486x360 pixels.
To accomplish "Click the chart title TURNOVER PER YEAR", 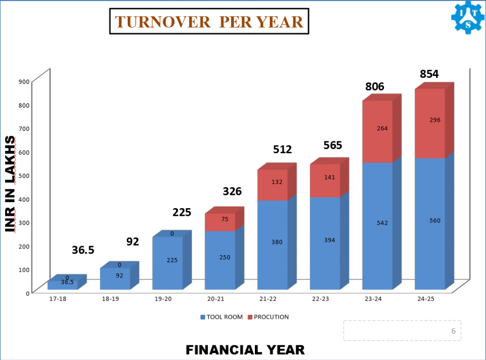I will (209, 22).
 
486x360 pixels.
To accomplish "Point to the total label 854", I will (429, 74).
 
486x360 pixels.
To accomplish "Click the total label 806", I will (374, 86).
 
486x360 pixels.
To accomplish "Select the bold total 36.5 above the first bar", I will (83, 250).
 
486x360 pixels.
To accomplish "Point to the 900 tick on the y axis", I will (24, 81).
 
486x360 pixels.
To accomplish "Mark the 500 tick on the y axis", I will (24, 175).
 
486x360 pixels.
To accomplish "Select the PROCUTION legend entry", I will (269, 317).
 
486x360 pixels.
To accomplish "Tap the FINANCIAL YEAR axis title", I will (245, 350).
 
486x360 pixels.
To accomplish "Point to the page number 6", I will (453, 331).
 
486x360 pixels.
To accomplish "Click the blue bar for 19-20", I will (168, 263).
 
